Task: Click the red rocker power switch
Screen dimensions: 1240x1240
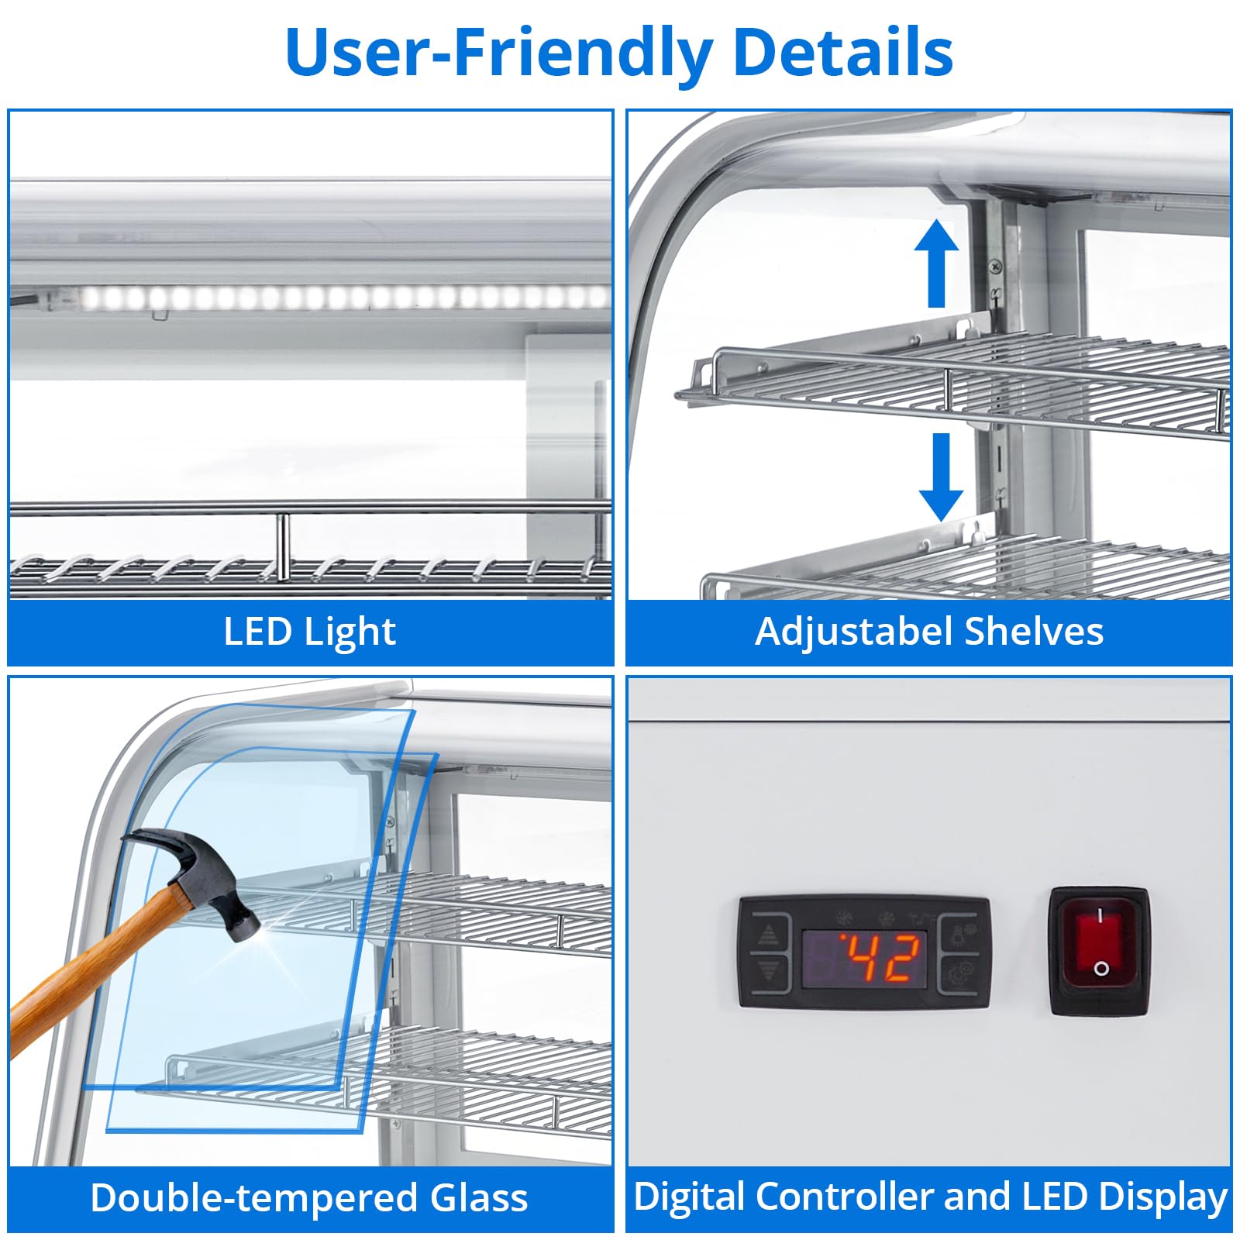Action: pyautogui.click(x=1099, y=950)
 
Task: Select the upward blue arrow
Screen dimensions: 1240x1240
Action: pyautogui.click(x=936, y=263)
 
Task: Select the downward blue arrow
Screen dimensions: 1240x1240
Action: pyautogui.click(x=941, y=477)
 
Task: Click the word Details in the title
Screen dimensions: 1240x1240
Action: pyautogui.click(x=842, y=52)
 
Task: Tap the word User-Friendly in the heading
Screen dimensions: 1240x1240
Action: pyautogui.click(x=499, y=53)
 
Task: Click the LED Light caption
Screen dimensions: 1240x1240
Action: pyautogui.click(x=309, y=632)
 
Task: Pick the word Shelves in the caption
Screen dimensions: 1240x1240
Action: pyautogui.click(x=1034, y=631)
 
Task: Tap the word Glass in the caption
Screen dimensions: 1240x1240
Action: pyautogui.click(x=479, y=1197)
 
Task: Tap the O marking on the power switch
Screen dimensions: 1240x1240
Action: pyautogui.click(x=1100, y=968)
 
